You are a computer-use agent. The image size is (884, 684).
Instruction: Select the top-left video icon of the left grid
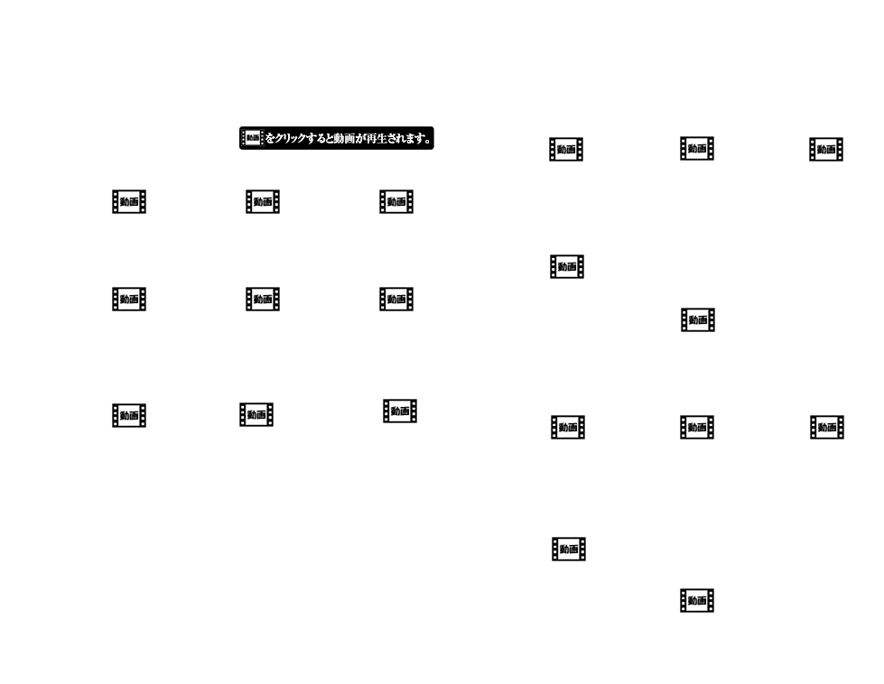[x=129, y=202]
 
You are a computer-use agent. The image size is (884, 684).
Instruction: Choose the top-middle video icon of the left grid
[x=263, y=202]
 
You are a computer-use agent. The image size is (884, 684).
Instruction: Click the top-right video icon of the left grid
[x=396, y=202]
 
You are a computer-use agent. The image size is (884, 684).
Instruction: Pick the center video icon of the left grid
[x=263, y=299]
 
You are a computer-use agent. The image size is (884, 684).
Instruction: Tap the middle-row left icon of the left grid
[x=129, y=299]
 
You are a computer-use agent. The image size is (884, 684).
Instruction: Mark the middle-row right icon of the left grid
[x=396, y=299]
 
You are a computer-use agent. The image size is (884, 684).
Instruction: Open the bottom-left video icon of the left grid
[x=129, y=415]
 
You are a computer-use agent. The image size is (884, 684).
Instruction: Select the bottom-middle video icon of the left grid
[x=256, y=414]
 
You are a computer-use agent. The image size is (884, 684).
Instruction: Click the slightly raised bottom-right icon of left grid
[x=400, y=411]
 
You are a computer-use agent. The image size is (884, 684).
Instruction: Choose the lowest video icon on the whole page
[x=697, y=600]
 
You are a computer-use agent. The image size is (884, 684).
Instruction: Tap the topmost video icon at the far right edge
[x=826, y=150]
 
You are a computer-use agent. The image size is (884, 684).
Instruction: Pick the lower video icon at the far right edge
[x=827, y=428]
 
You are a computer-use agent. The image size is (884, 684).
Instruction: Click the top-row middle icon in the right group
[x=697, y=149]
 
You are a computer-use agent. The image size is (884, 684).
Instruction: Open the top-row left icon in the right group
[x=566, y=150]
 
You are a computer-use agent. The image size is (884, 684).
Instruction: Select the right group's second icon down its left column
[x=567, y=266]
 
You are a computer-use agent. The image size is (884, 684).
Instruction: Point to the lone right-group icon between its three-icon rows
[x=698, y=319]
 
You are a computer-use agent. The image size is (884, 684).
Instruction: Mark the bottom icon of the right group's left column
[x=569, y=549]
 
